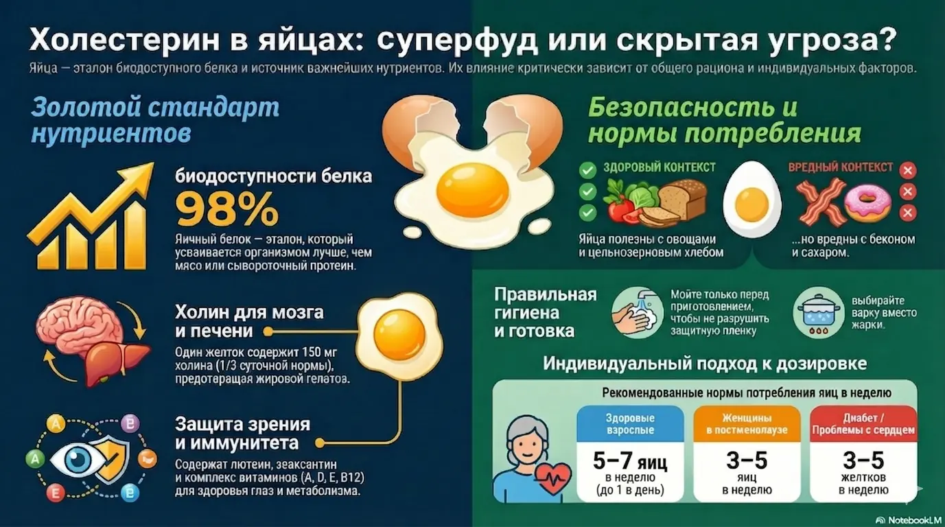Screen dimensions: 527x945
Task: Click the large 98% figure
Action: [x=227, y=209]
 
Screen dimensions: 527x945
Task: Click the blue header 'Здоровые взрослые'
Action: [x=630, y=424]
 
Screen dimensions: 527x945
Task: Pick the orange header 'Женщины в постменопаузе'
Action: [x=747, y=424]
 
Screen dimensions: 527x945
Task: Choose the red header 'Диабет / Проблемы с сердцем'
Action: [x=863, y=424]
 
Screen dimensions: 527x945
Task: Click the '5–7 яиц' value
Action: [x=630, y=460]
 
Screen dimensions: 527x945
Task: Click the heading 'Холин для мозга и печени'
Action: [x=248, y=321]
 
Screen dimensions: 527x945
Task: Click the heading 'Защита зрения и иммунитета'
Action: [x=242, y=432]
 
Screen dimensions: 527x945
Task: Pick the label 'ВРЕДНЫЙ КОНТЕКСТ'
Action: [x=841, y=167]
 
